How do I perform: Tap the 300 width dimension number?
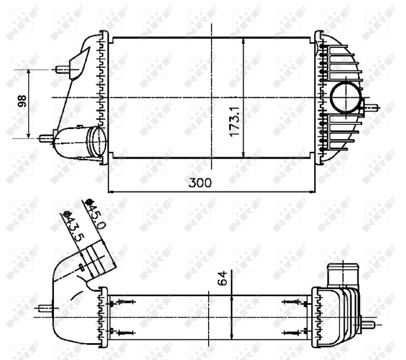(200, 183)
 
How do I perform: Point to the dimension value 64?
(222, 277)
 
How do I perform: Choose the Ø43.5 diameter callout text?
(75, 226)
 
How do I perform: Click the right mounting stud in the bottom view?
(369, 324)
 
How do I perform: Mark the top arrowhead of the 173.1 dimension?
(243, 41)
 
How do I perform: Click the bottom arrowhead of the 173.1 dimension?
(243, 154)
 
